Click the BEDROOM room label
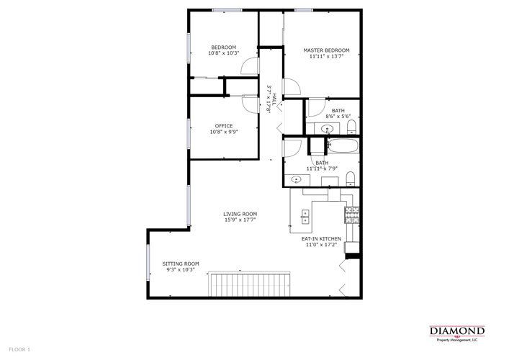[222, 48]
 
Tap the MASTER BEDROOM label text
[323, 50]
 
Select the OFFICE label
[223, 126]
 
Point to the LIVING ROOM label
[240, 214]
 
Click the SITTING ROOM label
[181, 264]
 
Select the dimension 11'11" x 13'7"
[323, 56]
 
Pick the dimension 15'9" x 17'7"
[240, 220]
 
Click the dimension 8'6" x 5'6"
[338, 116]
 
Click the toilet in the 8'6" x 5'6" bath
[351, 128]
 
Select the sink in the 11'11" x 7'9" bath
[296, 178]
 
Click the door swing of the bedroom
[249, 66]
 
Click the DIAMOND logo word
[457, 330]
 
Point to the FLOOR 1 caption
[19, 349]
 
